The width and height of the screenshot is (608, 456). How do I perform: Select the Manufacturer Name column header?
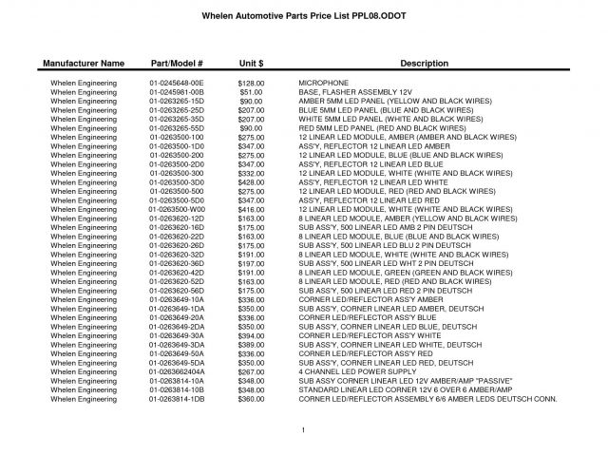pyautogui.click(x=84, y=63)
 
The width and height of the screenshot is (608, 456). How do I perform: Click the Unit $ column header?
pyautogui.click(x=251, y=63)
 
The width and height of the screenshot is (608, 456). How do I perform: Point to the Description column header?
pyautogui.click(x=424, y=63)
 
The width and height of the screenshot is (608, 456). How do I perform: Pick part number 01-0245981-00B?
pyautogui.click(x=177, y=92)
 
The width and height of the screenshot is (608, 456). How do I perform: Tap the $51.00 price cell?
pyautogui.click(x=251, y=92)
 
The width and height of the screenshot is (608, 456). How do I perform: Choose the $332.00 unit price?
pyautogui.click(x=251, y=174)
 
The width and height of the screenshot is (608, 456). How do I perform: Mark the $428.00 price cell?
pyautogui.click(x=251, y=181)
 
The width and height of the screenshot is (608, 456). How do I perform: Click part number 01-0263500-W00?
pyautogui.click(x=177, y=209)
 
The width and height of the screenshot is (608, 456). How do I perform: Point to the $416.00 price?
pyautogui.click(x=251, y=209)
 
